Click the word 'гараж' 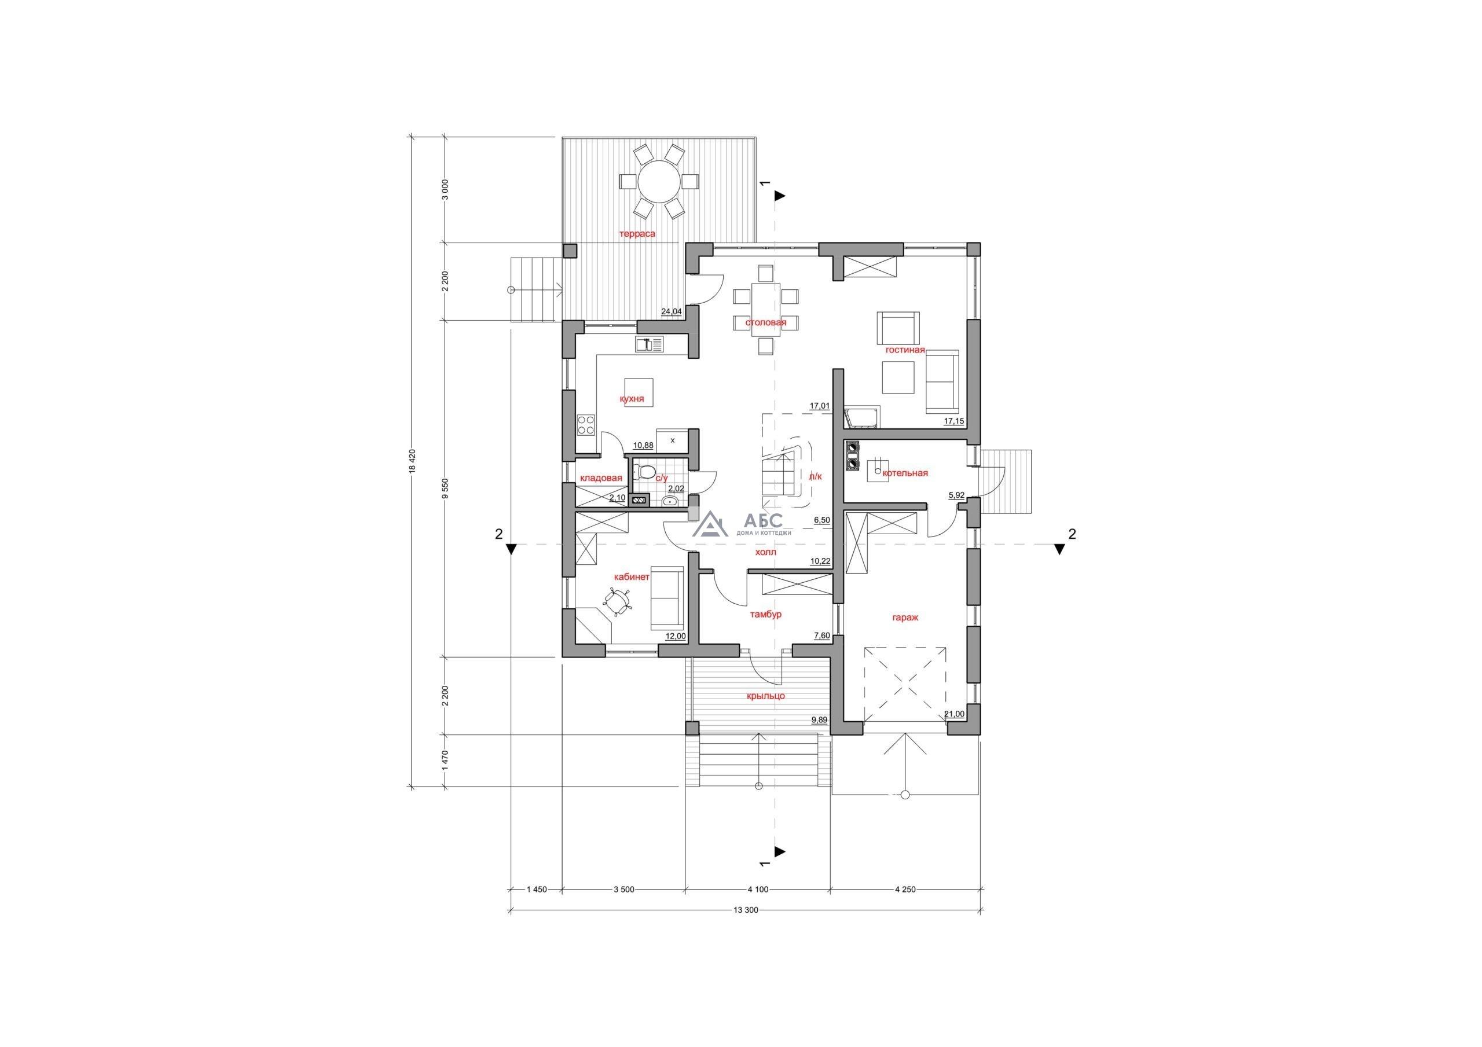(905, 617)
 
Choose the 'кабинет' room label (632, 577)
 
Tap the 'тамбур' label (765, 614)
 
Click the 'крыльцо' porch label (765, 696)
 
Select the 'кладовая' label (601, 478)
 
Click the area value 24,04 (672, 311)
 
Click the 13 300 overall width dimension (746, 911)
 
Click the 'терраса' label (637, 234)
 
